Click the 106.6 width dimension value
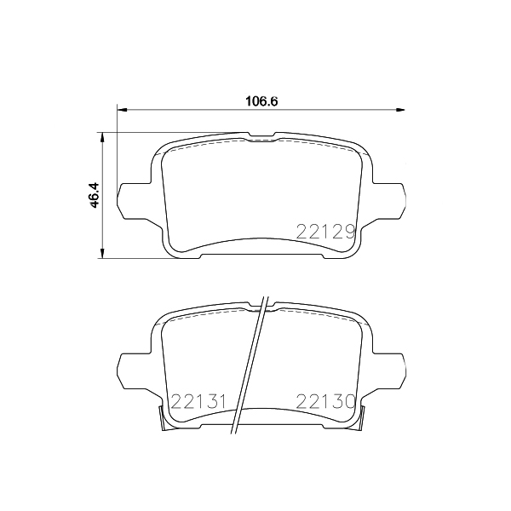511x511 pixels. click(x=261, y=101)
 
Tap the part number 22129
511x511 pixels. click(x=325, y=233)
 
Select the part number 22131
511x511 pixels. click(x=198, y=401)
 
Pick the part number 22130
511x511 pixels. click(x=325, y=401)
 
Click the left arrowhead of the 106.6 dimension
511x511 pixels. click(x=122, y=110)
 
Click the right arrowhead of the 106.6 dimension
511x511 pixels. click(x=400, y=110)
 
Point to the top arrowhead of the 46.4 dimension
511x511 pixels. click(x=102, y=137)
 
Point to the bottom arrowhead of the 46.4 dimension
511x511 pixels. click(x=102, y=254)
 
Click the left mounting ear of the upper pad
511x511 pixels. click(x=135, y=200)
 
